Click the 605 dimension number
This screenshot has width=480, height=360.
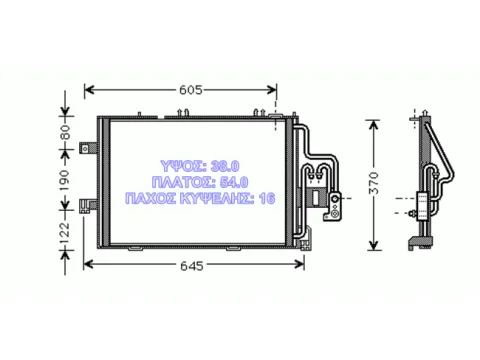(191, 90)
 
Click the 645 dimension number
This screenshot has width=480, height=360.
(192, 266)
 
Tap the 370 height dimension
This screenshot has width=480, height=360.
(375, 183)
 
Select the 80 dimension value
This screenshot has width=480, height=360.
(66, 132)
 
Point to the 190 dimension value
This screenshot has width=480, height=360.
(66, 180)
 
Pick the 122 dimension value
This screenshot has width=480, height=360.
(66, 230)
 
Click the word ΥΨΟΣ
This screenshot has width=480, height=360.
(181, 166)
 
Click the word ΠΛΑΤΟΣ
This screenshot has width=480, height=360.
(181, 182)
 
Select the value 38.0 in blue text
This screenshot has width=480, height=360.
(225, 166)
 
